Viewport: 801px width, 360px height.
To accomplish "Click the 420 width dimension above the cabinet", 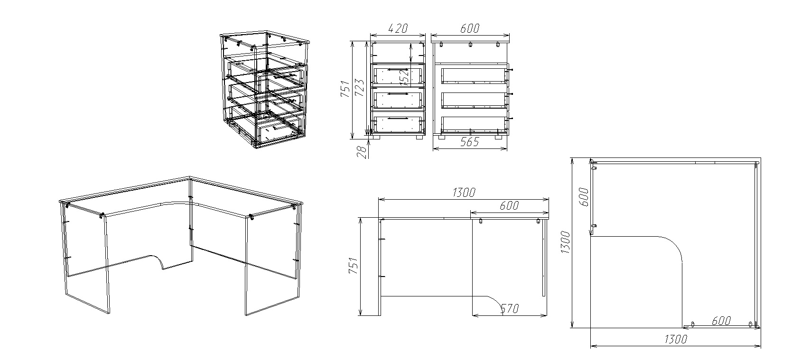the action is pyautogui.click(x=398, y=28).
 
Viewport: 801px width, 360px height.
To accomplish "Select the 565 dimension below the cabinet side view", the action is pyautogui.click(x=469, y=142).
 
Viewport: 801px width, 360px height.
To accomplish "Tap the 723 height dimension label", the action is pyautogui.click(x=359, y=88).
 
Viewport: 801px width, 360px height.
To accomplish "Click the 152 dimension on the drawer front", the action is pyautogui.click(x=404, y=77).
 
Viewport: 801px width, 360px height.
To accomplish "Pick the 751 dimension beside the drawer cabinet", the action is pyautogui.click(x=345, y=89).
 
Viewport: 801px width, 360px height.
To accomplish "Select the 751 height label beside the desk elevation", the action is pyautogui.click(x=353, y=266).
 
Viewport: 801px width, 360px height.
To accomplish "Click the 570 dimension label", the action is pyautogui.click(x=510, y=308).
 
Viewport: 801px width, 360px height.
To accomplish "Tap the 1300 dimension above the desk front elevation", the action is pyautogui.click(x=464, y=193).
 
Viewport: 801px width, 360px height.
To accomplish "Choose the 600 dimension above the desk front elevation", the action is pyautogui.click(x=509, y=205).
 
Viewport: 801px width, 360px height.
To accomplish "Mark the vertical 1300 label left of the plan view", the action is pyautogui.click(x=565, y=242).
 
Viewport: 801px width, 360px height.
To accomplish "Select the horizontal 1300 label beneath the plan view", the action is pyautogui.click(x=676, y=339).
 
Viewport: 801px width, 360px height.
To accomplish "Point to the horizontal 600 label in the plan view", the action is pyautogui.click(x=721, y=321).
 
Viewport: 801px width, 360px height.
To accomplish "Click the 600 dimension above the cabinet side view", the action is pyautogui.click(x=469, y=28).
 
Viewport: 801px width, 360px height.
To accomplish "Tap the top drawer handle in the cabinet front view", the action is pyautogui.click(x=398, y=70).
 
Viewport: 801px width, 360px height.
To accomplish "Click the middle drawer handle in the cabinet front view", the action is pyautogui.click(x=398, y=94).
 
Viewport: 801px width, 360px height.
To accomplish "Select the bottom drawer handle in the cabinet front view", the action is pyautogui.click(x=398, y=118).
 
